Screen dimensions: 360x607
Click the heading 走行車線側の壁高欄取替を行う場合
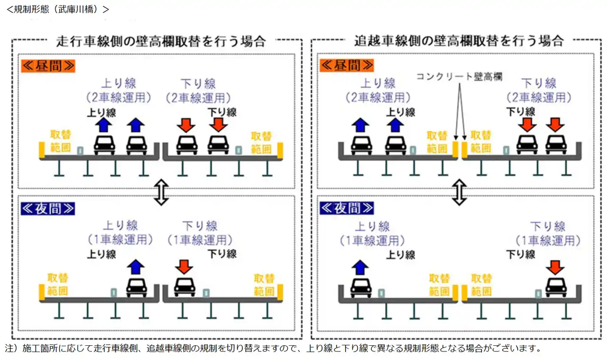(161, 41)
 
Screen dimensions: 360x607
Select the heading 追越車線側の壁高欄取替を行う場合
(459, 41)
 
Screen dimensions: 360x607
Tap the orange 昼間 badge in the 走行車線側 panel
(47, 66)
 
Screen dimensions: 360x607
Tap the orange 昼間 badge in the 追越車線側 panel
(347, 66)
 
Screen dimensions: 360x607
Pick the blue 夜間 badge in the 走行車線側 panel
(47, 208)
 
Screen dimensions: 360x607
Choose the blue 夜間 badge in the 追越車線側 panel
(347, 208)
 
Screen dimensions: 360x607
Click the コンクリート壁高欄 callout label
(459, 76)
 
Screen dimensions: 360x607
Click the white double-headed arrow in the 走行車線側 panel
(161, 192)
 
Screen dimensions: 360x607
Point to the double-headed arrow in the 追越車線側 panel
(459, 192)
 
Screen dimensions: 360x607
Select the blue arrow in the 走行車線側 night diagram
(136, 267)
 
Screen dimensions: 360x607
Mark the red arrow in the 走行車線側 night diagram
(184, 267)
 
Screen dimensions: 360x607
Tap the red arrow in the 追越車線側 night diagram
(555, 267)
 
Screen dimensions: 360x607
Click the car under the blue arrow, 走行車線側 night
(136, 286)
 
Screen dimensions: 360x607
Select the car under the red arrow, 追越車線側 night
(556, 286)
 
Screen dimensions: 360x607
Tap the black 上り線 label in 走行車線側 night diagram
(101, 254)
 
